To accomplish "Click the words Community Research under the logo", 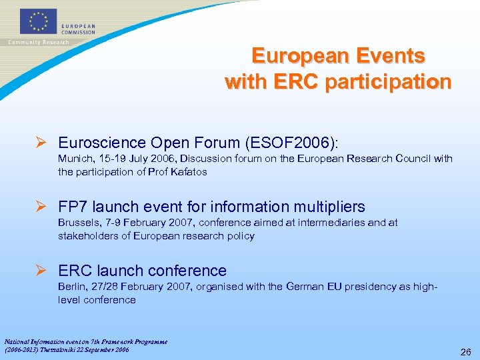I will [38, 43].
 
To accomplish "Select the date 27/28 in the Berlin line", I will [102, 287].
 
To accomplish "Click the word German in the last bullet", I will [305, 287].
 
